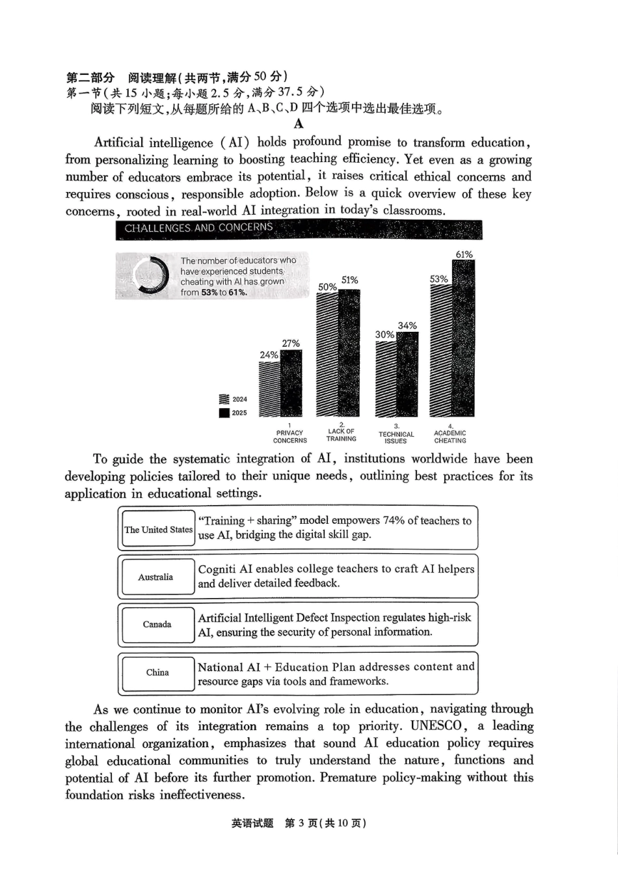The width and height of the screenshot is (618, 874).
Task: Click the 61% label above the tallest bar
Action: pos(464,254)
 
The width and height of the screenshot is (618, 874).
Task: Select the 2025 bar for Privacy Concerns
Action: pos(291,383)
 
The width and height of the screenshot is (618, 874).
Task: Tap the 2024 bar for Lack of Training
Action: pos(327,355)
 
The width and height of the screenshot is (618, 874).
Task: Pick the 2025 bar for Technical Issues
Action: pos(408,374)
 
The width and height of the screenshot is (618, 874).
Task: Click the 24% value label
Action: pos(269,355)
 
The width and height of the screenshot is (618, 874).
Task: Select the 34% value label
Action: pos(407,325)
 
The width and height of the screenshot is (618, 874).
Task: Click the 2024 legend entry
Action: pos(234,399)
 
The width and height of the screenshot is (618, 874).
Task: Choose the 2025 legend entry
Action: pos(234,413)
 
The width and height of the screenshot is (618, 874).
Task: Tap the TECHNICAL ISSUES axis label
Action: pos(396,437)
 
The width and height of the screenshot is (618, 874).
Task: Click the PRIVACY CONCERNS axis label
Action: pos(289,437)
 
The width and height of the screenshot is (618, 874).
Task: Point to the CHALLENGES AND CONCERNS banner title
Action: pos(198,228)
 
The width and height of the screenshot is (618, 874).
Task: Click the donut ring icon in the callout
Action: pos(151,275)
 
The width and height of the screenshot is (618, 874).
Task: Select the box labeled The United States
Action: pos(158,529)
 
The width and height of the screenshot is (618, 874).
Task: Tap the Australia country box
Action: pos(156,577)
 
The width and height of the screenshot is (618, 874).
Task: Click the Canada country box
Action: pos(157,624)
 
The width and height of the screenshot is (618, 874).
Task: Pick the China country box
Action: pos(157,672)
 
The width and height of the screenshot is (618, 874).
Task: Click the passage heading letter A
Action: pos(299,124)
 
